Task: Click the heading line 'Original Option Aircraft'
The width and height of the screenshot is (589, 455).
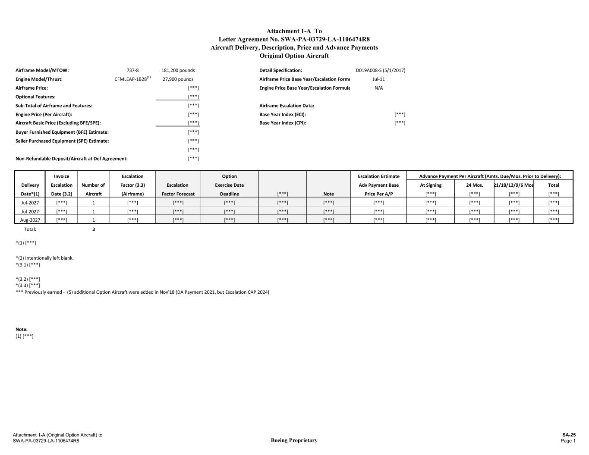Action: coord(294,56)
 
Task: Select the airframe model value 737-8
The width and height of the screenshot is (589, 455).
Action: coord(132,70)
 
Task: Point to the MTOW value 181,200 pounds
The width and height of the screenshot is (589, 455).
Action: coord(178,70)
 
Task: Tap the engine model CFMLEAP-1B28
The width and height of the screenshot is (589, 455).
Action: coord(131,79)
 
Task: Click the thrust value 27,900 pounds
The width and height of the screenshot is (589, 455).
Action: coord(178,79)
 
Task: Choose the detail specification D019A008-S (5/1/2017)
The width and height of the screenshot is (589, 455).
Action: coord(380,70)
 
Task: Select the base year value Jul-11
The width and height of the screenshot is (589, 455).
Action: coord(378,79)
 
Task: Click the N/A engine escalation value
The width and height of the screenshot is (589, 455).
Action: coord(378,88)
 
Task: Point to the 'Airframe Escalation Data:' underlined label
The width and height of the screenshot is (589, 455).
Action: coord(287,106)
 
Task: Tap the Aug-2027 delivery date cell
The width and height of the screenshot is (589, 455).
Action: coord(30,220)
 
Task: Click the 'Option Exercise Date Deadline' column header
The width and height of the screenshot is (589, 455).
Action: coord(229,185)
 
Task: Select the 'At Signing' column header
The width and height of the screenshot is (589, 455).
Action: coord(431,185)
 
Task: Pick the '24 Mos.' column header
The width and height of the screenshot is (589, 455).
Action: coord(474,185)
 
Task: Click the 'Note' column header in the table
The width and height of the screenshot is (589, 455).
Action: coord(328,194)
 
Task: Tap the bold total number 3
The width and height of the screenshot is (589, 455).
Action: coord(94,229)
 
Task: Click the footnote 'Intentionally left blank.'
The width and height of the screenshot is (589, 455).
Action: coord(49,258)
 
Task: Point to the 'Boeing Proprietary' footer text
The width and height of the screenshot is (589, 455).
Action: coord(294,440)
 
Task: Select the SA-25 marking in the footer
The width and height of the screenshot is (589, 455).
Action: coord(569,435)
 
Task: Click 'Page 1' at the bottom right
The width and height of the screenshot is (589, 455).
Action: coord(568,441)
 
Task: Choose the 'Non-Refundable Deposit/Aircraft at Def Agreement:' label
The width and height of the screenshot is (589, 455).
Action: coord(72,159)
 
